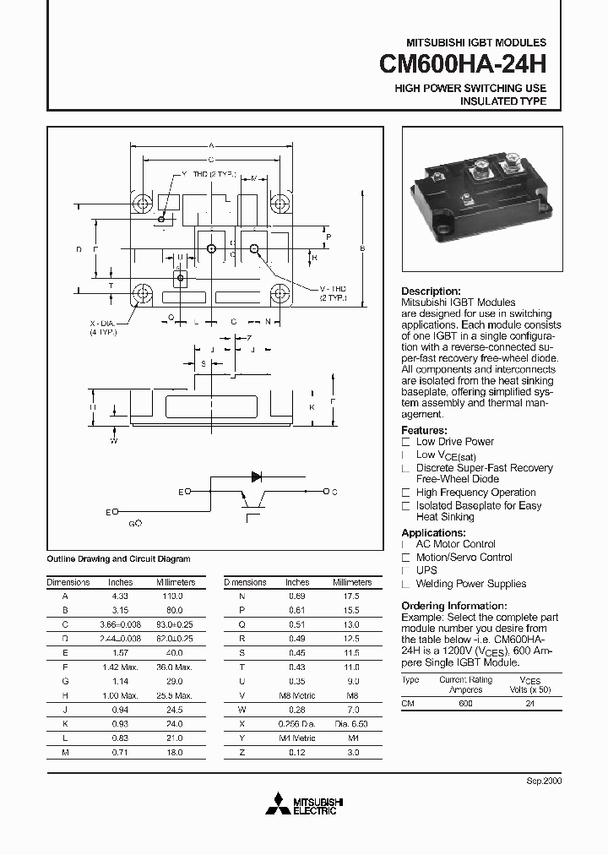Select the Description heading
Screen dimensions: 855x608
pos(431,291)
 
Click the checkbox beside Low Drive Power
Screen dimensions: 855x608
pos(406,442)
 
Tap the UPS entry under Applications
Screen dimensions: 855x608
pos(426,570)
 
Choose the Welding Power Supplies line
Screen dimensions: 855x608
pos(470,584)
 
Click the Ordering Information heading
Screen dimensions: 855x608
pos(453,606)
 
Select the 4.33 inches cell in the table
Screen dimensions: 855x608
pos(121,596)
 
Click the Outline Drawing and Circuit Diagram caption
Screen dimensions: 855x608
pos(118,558)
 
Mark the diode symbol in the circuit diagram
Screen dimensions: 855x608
pos(256,477)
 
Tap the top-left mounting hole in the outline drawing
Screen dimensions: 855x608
pos(141,204)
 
